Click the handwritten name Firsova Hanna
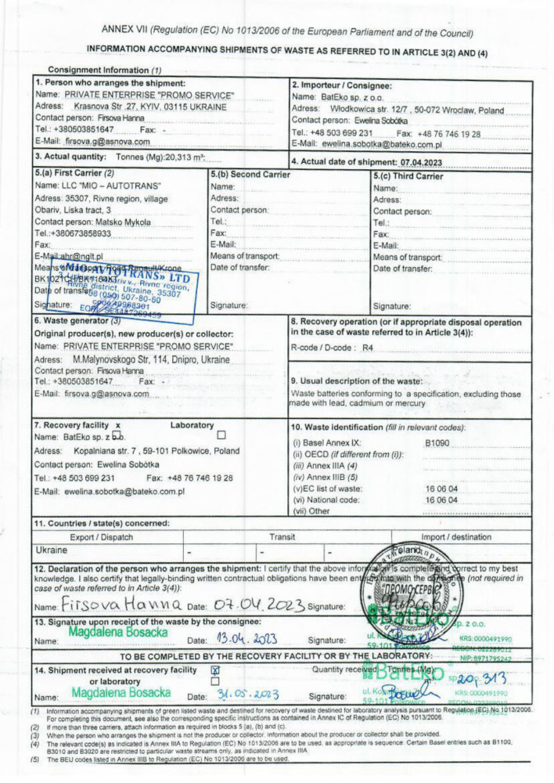click(x=121, y=605)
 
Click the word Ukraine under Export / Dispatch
click(x=52, y=550)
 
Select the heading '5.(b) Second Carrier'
click(x=250, y=174)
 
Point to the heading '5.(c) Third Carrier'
click(x=408, y=175)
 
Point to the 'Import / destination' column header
click(x=467, y=536)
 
